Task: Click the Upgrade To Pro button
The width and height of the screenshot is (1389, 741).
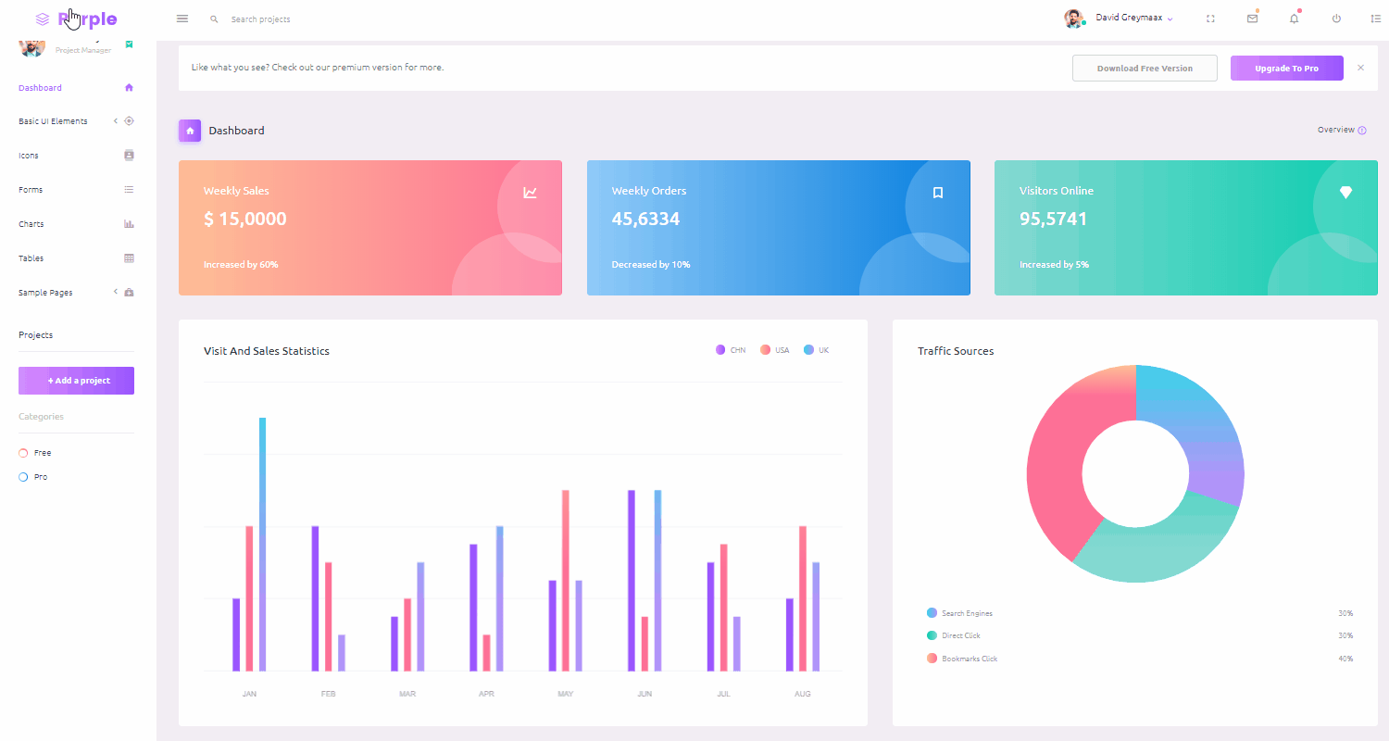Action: click(x=1286, y=69)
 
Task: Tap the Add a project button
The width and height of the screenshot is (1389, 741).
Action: click(x=76, y=381)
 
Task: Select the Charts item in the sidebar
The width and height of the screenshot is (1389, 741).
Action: click(x=31, y=224)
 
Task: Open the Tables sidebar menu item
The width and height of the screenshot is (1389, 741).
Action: click(x=31, y=258)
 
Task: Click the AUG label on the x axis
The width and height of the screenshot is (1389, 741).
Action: click(x=803, y=694)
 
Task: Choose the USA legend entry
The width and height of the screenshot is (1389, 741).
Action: click(x=775, y=350)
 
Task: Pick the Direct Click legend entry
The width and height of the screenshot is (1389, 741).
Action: click(x=960, y=635)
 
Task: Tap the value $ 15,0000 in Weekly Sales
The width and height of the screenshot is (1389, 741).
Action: click(x=245, y=220)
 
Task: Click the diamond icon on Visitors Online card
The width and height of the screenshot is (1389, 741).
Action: click(x=1345, y=192)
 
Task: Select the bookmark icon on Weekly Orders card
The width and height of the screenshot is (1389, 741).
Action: click(x=938, y=193)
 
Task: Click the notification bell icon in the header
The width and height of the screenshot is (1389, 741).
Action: click(x=1295, y=19)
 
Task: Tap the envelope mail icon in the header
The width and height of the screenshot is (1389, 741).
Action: click(x=1252, y=19)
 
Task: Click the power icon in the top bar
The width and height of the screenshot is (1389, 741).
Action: click(x=1336, y=19)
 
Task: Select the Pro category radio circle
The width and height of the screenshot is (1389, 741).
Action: click(x=23, y=477)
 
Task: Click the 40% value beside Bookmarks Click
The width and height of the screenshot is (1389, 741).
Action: click(x=1345, y=659)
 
